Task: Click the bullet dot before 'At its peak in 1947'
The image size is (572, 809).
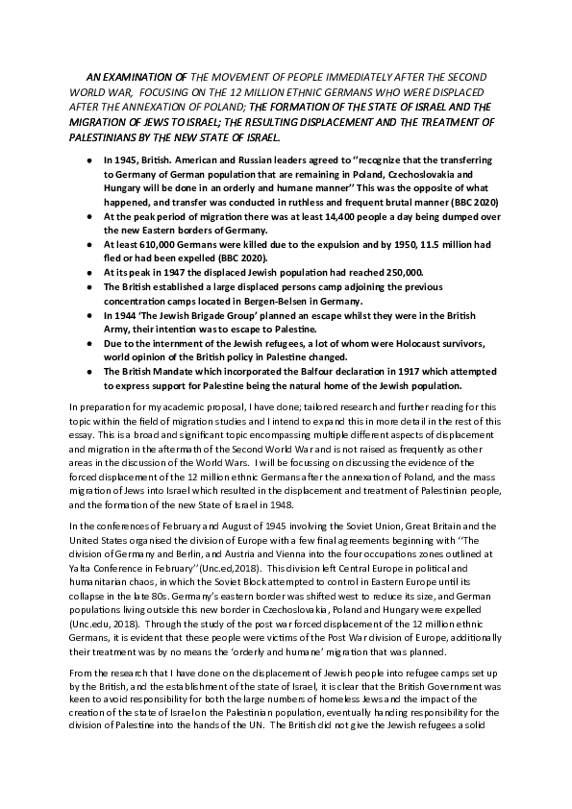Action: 88,273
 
